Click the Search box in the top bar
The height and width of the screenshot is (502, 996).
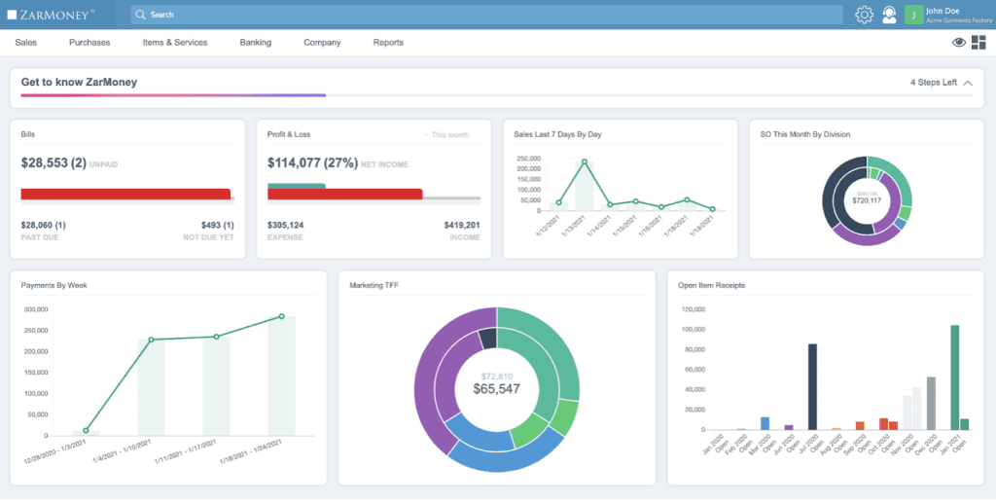coord(486,15)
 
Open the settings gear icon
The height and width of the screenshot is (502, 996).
coord(864,15)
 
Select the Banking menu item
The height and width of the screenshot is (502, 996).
coord(255,43)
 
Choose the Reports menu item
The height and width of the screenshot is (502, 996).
coord(388,43)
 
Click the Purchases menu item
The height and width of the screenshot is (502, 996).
coord(89,43)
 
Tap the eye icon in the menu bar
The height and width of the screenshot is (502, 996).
coord(959,43)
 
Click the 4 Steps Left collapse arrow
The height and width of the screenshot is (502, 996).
coord(968,83)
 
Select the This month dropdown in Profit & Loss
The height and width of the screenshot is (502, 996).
coord(446,134)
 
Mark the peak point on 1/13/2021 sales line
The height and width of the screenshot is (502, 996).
coord(585,161)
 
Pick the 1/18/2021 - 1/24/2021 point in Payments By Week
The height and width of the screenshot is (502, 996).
coord(282,316)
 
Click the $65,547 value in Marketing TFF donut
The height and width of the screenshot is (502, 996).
coord(496,389)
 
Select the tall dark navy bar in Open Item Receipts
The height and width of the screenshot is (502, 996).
coord(812,386)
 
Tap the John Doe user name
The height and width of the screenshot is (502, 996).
coord(943,10)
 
